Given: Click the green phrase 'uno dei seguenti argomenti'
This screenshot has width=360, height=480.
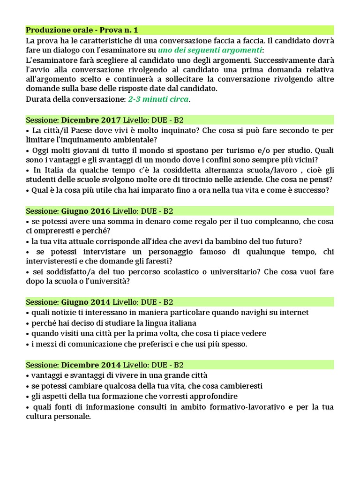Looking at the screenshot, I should [210, 50].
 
